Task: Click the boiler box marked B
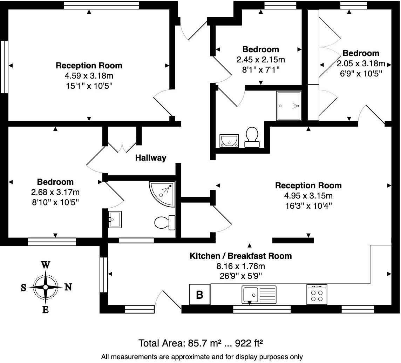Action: point(199,295)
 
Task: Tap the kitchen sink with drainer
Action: point(259,295)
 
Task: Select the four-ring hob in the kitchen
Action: point(317,295)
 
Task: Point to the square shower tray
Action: point(288,106)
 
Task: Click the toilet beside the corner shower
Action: point(165,222)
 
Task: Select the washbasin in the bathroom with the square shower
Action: point(229,141)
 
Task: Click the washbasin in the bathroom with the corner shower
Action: point(115,220)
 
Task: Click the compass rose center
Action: point(45,287)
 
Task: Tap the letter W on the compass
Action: point(45,265)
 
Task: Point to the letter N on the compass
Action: point(68,287)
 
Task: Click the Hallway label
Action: point(151,158)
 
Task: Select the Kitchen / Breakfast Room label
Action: point(240,256)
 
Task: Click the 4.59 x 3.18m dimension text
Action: point(89,75)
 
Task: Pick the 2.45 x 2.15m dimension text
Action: point(260,59)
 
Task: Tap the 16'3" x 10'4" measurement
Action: point(308,205)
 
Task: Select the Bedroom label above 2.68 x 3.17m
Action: point(55,182)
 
